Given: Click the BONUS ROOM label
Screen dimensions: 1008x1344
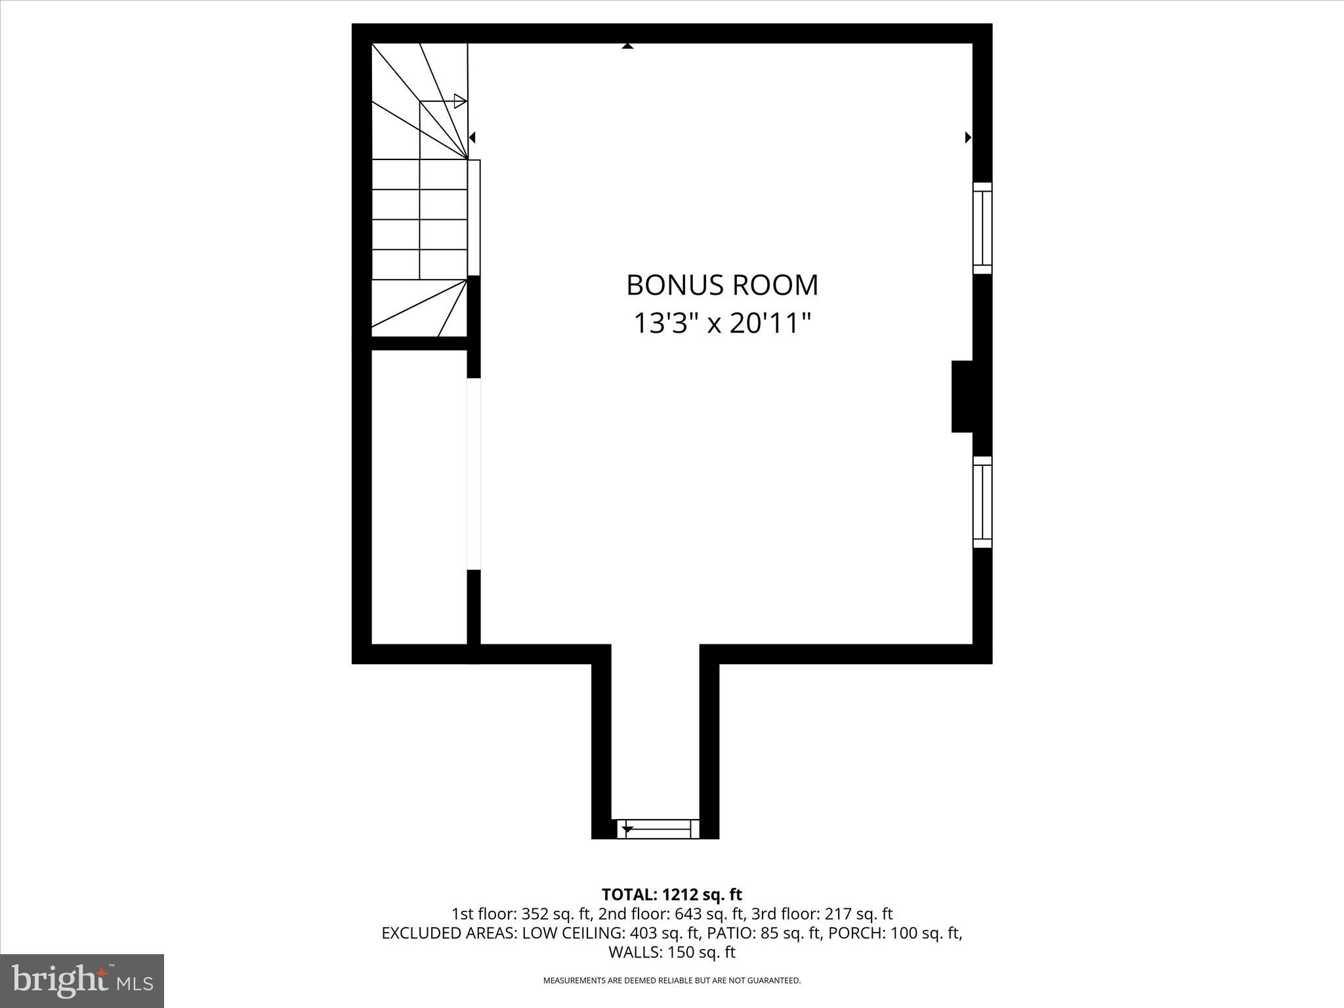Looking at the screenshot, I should (x=722, y=285).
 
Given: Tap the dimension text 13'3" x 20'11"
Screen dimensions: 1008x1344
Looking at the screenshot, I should (x=722, y=324).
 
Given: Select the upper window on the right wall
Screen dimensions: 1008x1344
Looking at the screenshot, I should (x=982, y=228).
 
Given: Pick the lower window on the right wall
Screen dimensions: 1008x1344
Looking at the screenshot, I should (x=982, y=502).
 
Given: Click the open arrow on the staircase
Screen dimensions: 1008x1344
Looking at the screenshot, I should (x=460, y=101).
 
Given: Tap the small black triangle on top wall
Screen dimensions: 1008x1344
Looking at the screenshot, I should (x=627, y=46).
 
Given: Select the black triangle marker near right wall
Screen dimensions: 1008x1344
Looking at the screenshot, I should (x=967, y=138).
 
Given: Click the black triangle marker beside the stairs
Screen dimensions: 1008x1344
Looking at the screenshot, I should (x=472, y=138).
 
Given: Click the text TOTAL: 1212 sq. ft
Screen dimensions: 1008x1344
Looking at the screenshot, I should (x=671, y=894).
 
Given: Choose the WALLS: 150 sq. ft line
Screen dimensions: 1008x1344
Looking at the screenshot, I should (x=671, y=952).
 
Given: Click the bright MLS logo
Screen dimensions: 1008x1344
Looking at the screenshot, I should (x=82, y=980).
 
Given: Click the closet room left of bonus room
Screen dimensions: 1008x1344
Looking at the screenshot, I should (x=419, y=497).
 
